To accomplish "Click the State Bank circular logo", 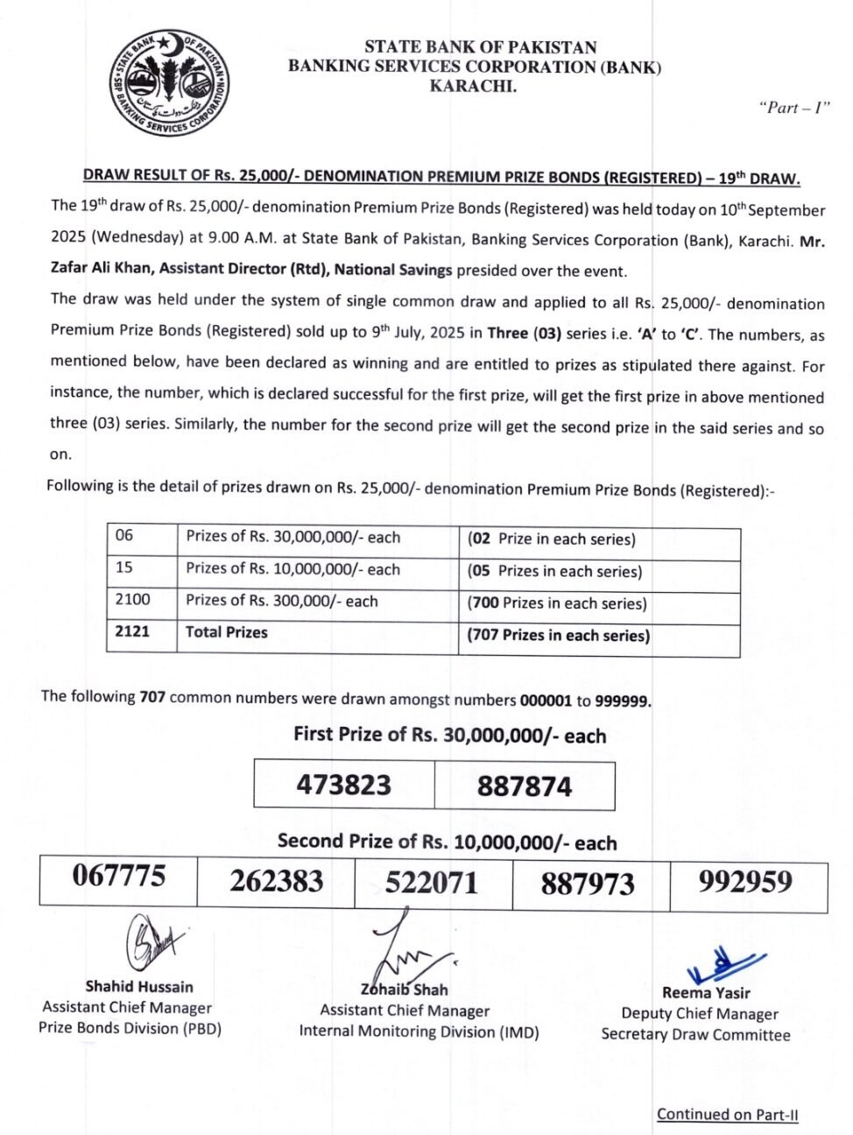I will coord(170,83).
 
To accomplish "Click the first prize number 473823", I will coord(343,784).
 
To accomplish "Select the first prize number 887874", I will coord(524,786).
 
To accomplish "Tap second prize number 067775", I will coord(118,875).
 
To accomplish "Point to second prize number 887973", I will coord(588,884).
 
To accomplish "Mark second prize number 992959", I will coord(745,881).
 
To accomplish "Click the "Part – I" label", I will coord(793,108).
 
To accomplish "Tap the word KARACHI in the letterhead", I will coord(473,86).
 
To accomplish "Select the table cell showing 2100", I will coord(133,600).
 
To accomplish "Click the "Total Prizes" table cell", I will coord(226,632).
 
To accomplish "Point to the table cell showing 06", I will coord(124,536).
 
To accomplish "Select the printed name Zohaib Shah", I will coord(405,990).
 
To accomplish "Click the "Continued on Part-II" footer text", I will coord(727,1114).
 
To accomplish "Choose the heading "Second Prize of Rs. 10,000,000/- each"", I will coord(447,842).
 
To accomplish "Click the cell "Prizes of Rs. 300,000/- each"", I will coord(281,601).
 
